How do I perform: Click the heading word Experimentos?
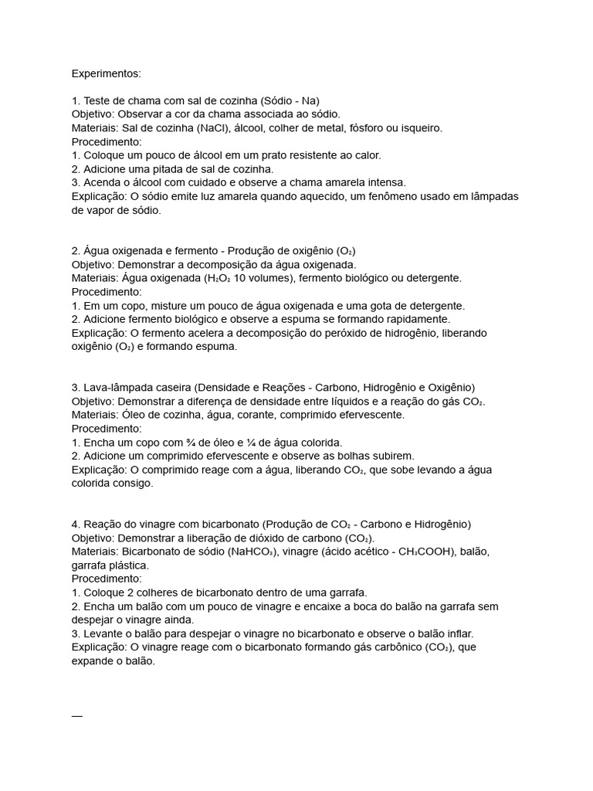107,73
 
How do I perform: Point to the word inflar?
456,633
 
